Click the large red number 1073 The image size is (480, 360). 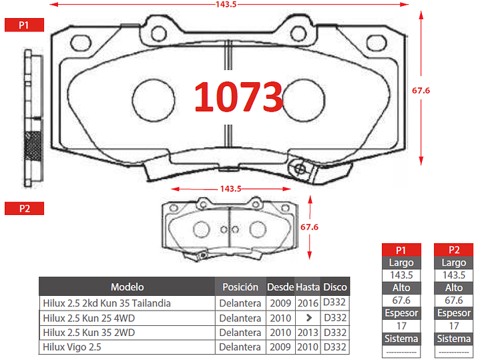(x=238, y=96)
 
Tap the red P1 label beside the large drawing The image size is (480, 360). (x=24, y=25)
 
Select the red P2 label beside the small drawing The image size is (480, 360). (x=24, y=208)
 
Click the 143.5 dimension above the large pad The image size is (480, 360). (x=226, y=4)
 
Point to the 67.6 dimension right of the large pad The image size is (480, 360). (x=421, y=90)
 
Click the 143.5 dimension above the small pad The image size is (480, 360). (x=230, y=189)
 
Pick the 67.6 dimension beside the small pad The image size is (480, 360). (x=309, y=227)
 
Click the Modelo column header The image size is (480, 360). (x=127, y=287)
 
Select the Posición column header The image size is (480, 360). (x=240, y=287)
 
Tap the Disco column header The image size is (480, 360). (x=335, y=287)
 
